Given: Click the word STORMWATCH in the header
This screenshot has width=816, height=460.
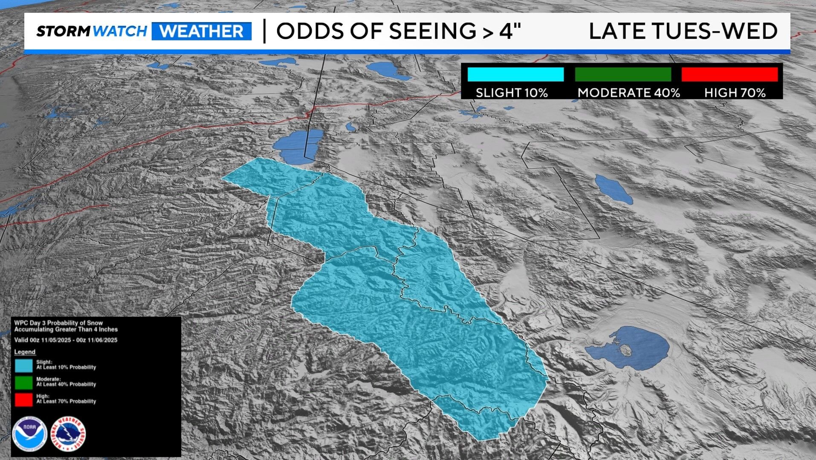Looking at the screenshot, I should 91,31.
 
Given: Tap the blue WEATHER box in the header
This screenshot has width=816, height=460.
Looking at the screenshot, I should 201,31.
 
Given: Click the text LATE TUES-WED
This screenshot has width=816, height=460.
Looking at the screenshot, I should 683,31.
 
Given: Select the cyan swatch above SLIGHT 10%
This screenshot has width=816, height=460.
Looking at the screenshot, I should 515,74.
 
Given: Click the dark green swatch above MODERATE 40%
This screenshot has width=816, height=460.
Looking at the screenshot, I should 622,74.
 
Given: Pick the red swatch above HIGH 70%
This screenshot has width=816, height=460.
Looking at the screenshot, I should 729,74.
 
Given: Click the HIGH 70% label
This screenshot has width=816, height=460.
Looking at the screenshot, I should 735,93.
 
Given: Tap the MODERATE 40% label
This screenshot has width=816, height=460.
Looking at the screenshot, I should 628,93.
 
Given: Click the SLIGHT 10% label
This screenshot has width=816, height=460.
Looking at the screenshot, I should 511,93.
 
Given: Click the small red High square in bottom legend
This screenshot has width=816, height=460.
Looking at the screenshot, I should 23,399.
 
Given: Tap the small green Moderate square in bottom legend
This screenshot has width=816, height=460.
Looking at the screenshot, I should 23,382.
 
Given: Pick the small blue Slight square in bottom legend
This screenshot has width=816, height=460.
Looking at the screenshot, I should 23,365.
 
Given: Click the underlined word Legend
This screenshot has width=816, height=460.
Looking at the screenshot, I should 25,352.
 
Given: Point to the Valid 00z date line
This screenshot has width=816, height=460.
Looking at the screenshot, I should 66,340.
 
